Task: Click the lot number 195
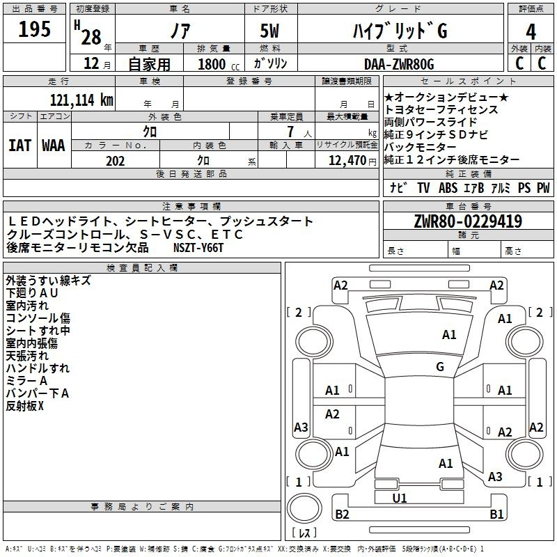pyautogui.click(x=34, y=29)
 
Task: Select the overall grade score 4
pyautogui.click(x=531, y=32)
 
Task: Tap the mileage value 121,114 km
pyautogui.click(x=81, y=100)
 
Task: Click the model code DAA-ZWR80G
pyautogui.click(x=399, y=64)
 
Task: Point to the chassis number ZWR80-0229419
pyautogui.click(x=468, y=221)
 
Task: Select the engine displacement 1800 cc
pyautogui.click(x=219, y=64)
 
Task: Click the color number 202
pyautogui.click(x=115, y=161)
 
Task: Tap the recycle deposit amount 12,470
pyautogui.click(x=347, y=161)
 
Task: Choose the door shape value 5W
pyautogui.click(x=269, y=31)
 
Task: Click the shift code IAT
pyautogui.click(x=20, y=146)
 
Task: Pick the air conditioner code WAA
pyautogui.click(x=54, y=146)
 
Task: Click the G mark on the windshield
pyautogui.click(x=440, y=366)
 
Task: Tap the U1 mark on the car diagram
pyautogui.click(x=400, y=498)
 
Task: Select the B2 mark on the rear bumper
pyautogui.click(x=342, y=514)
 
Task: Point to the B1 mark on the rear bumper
pyautogui.click(x=496, y=514)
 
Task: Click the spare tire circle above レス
pyautogui.click(x=304, y=508)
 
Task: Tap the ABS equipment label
pyautogui.click(x=448, y=187)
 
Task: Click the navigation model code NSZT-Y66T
pyautogui.click(x=198, y=248)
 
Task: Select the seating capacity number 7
pyautogui.click(x=290, y=132)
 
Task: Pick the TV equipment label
pyautogui.click(x=423, y=187)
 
